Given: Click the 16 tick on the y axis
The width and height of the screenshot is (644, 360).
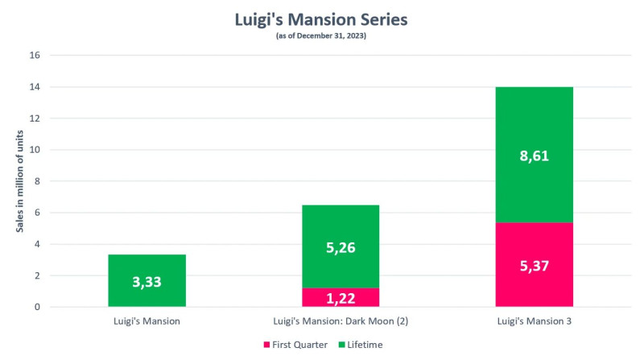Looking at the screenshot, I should click(x=34, y=56).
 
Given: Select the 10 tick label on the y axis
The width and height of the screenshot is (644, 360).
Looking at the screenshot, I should click(x=34, y=150).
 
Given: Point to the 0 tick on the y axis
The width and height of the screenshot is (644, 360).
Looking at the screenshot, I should click(x=36, y=307).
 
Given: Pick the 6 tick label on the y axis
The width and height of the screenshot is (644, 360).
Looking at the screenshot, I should click(x=36, y=213).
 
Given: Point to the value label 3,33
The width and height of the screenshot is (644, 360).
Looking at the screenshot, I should click(x=147, y=282).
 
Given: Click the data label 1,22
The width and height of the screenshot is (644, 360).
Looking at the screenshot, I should click(x=340, y=297).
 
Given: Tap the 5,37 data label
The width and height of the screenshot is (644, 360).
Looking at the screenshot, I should click(x=534, y=265).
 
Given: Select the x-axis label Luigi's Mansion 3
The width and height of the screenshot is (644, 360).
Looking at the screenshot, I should click(x=534, y=321).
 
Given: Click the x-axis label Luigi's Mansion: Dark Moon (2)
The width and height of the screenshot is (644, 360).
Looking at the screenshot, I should click(x=340, y=321).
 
